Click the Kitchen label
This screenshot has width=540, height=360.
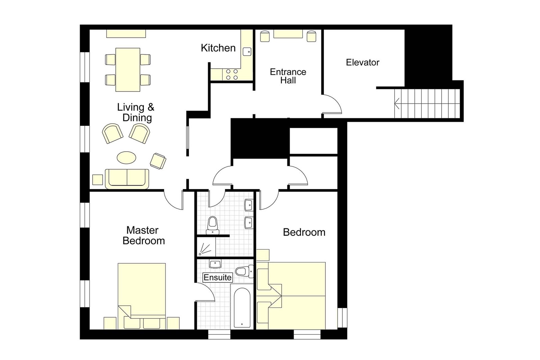(218, 48)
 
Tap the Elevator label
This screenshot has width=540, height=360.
(362, 62)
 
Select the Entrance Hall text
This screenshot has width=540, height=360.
(288, 76)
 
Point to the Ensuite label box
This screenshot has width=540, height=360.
(217, 277)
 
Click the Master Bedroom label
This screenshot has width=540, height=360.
(144, 235)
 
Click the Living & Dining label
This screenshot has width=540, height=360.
(136, 112)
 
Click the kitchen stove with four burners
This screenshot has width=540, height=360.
(232, 74)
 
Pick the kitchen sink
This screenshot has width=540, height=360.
(247, 52)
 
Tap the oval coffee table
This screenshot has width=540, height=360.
(126, 158)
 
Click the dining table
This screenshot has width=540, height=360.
(128, 69)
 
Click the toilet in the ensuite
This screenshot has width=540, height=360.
(245, 271)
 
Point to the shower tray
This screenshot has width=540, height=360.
(206, 247)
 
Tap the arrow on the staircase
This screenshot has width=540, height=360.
(397, 103)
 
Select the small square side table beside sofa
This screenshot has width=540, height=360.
(97, 180)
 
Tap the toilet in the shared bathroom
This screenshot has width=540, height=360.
(212, 225)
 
